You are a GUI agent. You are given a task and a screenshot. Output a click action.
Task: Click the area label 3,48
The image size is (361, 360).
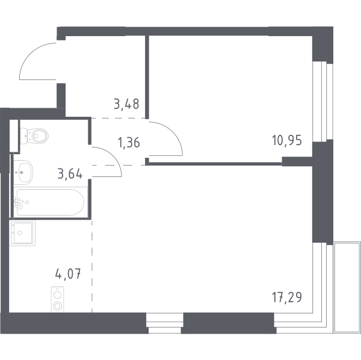(126, 104)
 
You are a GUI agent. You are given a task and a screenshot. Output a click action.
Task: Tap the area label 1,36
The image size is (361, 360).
(129, 142)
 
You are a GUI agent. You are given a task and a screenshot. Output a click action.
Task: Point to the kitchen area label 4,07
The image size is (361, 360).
(68, 274)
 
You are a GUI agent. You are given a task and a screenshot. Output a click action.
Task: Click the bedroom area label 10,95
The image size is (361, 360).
(286, 140)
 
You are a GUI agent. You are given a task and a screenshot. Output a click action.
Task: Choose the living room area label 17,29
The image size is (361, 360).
(287, 297)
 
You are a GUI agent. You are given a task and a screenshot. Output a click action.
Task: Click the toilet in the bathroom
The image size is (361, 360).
(34, 135)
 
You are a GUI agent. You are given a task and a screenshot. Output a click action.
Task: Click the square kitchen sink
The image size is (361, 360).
(22, 233)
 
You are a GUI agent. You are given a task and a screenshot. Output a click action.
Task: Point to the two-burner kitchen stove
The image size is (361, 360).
(57, 299)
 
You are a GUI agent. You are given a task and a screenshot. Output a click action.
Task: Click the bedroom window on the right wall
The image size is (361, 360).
(322, 101)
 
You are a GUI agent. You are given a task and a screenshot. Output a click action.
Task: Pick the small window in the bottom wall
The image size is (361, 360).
(165, 323)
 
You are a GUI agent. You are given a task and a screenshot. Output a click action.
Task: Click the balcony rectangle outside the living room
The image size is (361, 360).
(347, 287)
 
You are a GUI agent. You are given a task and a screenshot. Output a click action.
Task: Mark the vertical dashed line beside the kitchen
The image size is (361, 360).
(92, 266)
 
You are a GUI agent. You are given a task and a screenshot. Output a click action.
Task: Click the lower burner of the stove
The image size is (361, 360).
(57, 305)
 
